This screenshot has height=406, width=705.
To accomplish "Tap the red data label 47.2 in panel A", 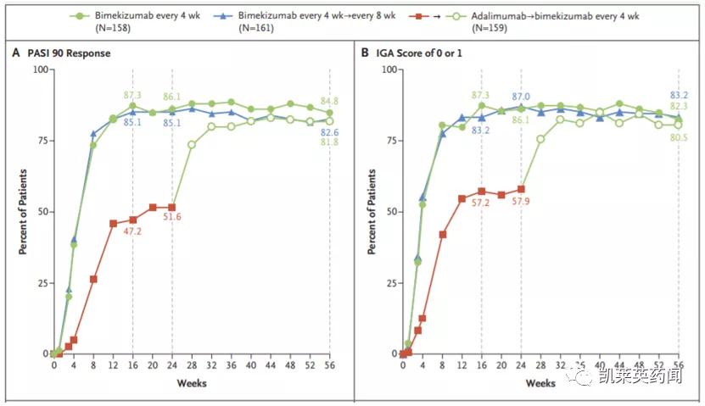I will point(133,231).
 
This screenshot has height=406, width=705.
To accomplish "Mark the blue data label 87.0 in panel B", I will point(521,97).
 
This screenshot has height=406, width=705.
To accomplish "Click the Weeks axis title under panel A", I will point(192,383).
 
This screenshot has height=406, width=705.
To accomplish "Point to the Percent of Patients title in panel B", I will point(371,211).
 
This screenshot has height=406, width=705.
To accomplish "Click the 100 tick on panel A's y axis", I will point(38,70).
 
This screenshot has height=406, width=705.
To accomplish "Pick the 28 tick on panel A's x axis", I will point(192,366).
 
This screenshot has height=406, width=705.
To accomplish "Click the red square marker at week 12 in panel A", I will point(113,223).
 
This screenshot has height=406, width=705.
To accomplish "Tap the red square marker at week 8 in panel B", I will point(442,234).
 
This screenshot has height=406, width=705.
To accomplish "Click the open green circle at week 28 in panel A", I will point(192,144).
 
